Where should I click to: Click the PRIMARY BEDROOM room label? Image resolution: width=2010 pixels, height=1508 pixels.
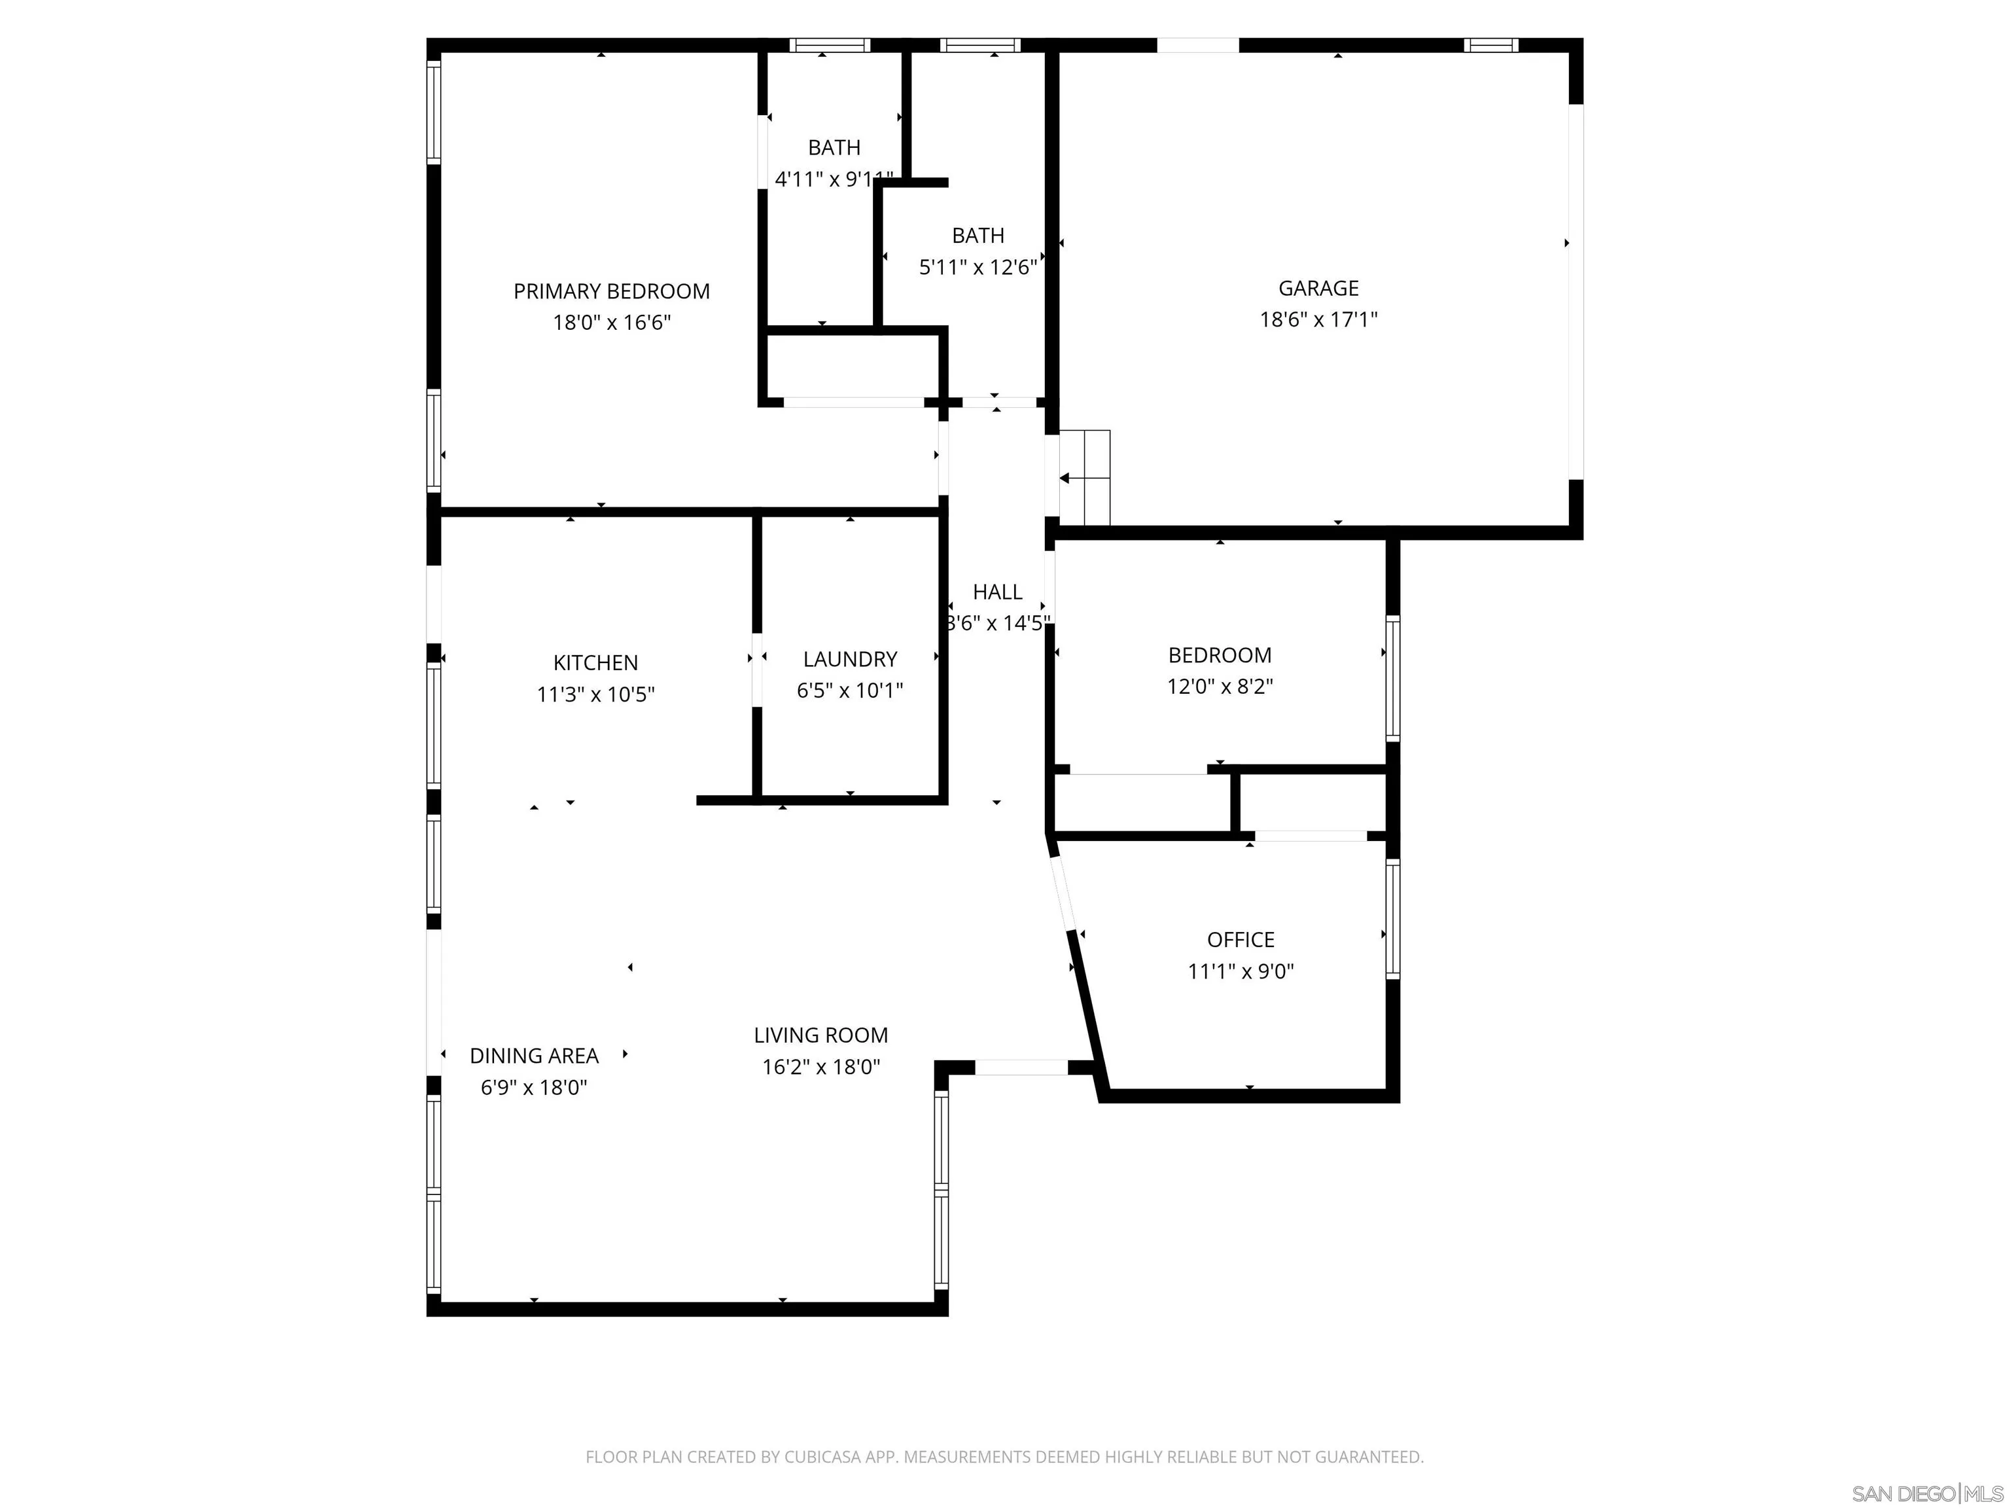click(612, 292)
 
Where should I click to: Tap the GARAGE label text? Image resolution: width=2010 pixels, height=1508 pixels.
click(1318, 288)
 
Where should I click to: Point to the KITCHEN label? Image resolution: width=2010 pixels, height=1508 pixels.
click(596, 662)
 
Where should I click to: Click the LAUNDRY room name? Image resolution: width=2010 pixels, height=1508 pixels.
click(850, 659)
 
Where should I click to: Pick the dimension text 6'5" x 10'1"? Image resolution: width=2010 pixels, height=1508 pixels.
click(850, 691)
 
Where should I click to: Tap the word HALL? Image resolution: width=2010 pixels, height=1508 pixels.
click(998, 592)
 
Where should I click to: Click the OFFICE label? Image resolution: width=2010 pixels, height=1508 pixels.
click(1241, 940)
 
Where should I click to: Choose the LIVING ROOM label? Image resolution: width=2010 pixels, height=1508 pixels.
click(820, 1035)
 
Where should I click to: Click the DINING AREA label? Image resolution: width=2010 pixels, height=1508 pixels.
click(535, 1056)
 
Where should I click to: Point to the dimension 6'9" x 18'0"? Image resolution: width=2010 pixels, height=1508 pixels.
click(535, 1088)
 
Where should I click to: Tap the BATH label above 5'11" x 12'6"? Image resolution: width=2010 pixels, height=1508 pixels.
click(979, 236)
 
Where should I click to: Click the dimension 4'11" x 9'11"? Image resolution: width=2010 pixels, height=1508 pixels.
click(834, 179)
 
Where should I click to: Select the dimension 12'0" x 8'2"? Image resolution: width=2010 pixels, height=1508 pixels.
click(1220, 687)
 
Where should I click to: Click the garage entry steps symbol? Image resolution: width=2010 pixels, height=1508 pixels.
click(1085, 478)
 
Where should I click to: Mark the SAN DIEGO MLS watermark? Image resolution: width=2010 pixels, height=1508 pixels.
click(1928, 1494)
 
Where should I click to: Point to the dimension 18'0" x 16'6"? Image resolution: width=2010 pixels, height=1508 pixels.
click(612, 323)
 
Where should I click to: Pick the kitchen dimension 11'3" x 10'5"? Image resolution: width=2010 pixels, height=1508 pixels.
click(596, 694)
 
